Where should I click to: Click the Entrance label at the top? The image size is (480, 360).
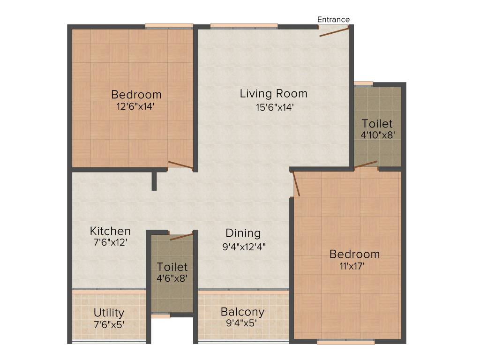pyautogui.click(x=333, y=20)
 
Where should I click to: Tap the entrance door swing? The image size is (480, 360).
pyautogui.click(x=334, y=32)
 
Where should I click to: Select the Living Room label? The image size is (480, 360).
pyautogui.click(x=273, y=93)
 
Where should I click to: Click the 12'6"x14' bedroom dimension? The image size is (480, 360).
pyautogui.click(x=136, y=106)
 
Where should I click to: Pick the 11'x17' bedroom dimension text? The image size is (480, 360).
pyautogui.click(x=354, y=266)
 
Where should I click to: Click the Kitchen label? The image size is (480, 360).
pyautogui.click(x=110, y=231)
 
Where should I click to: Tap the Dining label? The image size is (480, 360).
pyautogui.click(x=243, y=233)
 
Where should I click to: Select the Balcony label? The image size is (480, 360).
pyautogui.click(x=242, y=312)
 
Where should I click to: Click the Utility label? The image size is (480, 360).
pyautogui.click(x=109, y=313)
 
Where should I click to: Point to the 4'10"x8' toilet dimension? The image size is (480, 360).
pyautogui.click(x=377, y=135)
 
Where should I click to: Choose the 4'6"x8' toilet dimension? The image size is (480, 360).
pyautogui.click(x=172, y=278)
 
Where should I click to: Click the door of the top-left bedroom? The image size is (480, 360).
pyautogui.click(x=180, y=165)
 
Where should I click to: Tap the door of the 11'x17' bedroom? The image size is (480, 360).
pyautogui.click(x=296, y=184)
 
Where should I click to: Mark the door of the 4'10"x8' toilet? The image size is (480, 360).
pyautogui.click(x=366, y=164)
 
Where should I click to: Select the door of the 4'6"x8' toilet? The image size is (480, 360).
pyautogui.click(x=181, y=236)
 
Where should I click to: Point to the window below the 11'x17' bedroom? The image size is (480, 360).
pyautogui.click(x=345, y=343)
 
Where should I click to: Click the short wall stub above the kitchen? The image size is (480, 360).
pyautogui.click(x=154, y=181)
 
